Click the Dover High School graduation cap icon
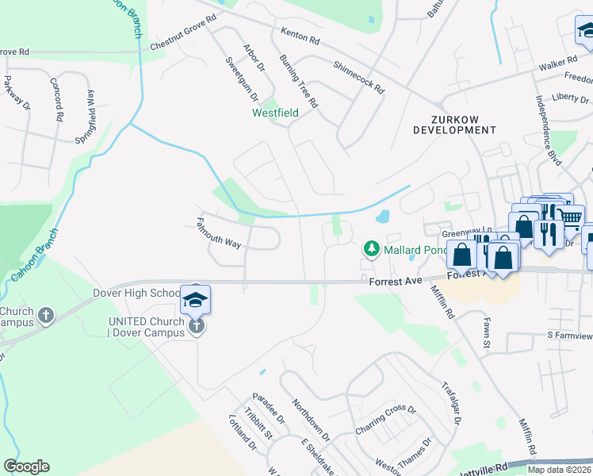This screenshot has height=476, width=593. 195,299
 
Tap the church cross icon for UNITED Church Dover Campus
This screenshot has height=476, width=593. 196,326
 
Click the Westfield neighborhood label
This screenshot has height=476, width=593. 275,113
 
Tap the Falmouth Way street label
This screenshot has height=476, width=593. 218,234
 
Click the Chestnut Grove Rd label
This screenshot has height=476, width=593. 182,33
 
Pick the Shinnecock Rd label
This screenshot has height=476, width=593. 358,78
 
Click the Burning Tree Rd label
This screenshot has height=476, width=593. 299,82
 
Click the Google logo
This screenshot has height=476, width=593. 26,466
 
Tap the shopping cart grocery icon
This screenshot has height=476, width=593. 571,215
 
